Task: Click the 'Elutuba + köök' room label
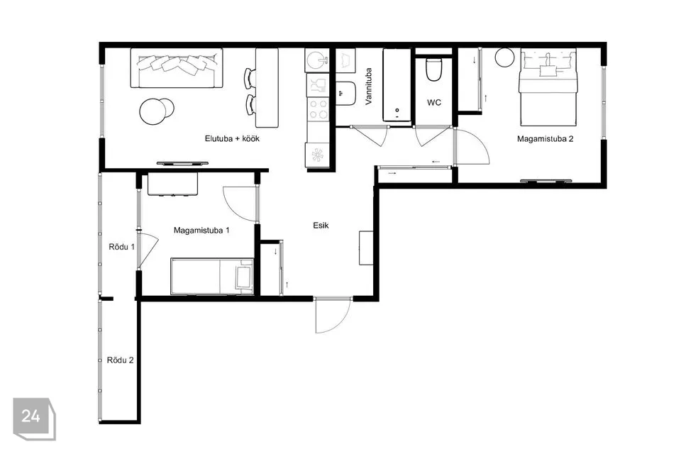coord(232,138)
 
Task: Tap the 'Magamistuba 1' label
coord(201,231)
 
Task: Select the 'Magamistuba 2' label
coord(545,139)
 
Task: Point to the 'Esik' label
coord(321,225)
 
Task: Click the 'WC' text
coord(434,103)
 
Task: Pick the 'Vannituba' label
coord(369,86)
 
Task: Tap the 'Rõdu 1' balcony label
coord(121,247)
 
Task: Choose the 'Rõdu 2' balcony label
coord(121,360)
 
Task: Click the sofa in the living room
coord(177,68)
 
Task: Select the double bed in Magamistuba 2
coord(548,87)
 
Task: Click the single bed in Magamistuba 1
coord(212,277)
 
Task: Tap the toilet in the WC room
coord(434,70)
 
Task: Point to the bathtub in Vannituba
coord(397,84)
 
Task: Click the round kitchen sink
coord(317,60)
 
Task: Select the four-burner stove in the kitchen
coord(319,109)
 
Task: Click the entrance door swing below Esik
coord(333,316)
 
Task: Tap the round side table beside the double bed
coord(504,57)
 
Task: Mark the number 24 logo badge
coord(34,419)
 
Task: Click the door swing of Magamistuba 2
coord(472,146)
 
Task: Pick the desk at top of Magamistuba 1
coord(172,184)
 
